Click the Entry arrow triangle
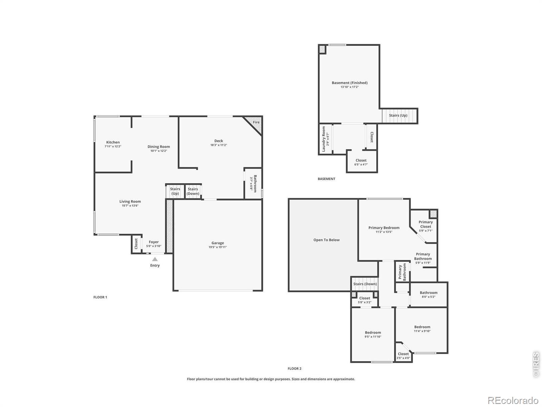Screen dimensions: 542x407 pyautogui.click(x=155, y=259)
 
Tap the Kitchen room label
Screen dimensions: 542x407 pyautogui.click(x=113, y=142)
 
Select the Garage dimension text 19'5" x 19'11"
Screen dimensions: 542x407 pyautogui.click(x=217, y=247)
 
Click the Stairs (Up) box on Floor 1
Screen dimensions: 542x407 pyautogui.click(x=175, y=191)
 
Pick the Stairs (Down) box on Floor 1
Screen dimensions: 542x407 pyautogui.click(x=193, y=191)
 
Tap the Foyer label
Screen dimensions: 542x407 pyautogui.click(x=153, y=242)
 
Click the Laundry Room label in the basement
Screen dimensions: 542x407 pyautogui.click(x=324, y=139)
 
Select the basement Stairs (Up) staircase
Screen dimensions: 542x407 pyautogui.click(x=399, y=115)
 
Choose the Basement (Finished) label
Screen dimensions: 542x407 pyautogui.click(x=350, y=83)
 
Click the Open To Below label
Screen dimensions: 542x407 pyautogui.click(x=327, y=240)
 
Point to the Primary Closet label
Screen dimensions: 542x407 pyautogui.click(x=425, y=224)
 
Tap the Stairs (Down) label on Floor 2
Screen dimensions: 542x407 pyautogui.click(x=365, y=284)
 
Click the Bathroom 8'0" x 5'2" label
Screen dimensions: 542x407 pyautogui.click(x=429, y=293)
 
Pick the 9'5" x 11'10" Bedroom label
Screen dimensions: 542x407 pyautogui.click(x=373, y=332)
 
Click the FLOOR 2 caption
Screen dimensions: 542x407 pyautogui.click(x=294, y=368)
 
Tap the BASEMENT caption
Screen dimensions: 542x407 pyautogui.click(x=327, y=179)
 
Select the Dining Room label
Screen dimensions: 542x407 pyautogui.click(x=159, y=147)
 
